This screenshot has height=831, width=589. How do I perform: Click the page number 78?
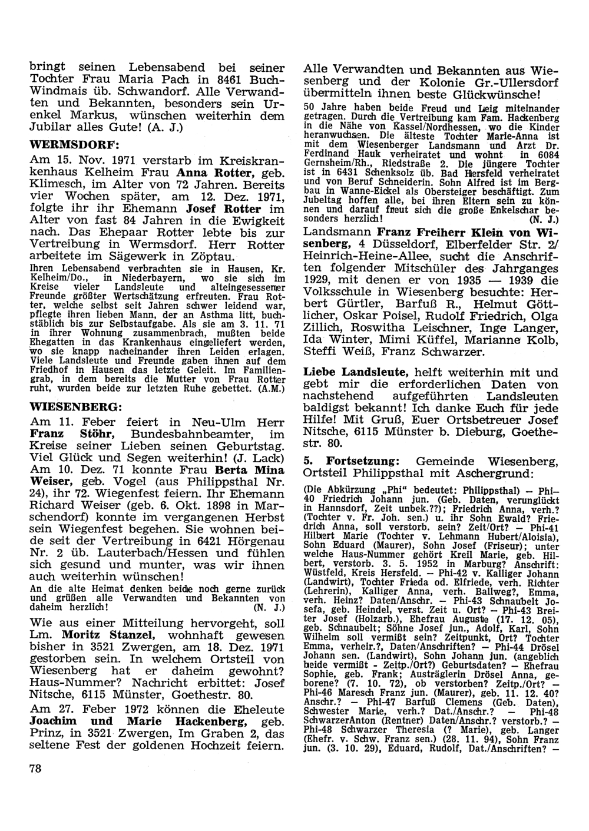pos(37,769)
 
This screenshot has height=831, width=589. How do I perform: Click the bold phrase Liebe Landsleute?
pos(356,372)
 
